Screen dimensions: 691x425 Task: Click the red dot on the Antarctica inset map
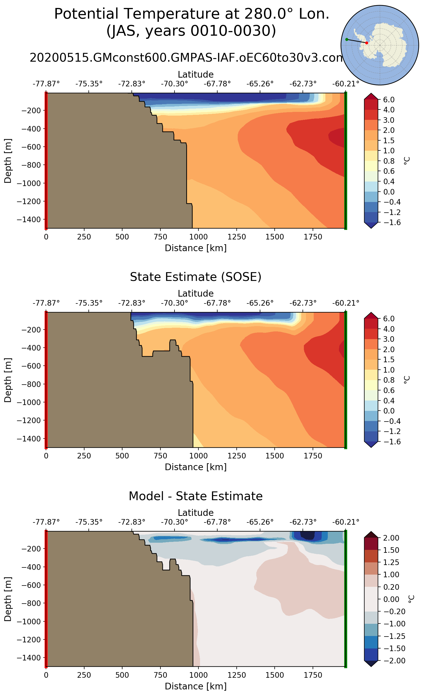pos(367,43)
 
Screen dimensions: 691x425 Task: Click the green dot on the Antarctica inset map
pos(347,39)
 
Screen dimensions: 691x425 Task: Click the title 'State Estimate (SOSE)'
pos(196,277)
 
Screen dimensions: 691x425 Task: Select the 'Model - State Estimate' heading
pos(196,496)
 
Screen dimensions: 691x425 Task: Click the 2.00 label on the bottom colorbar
pos(391,538)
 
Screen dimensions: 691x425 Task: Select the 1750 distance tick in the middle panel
pos(313,456)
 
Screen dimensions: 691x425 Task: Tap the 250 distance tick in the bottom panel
pos(84,675)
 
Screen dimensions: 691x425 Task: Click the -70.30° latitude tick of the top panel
pos(174,84)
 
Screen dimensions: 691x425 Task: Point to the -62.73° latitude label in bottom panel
pos(303,522)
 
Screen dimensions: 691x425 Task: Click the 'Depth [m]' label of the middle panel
pos(8,380)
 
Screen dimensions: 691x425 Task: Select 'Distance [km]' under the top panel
pos(196,248)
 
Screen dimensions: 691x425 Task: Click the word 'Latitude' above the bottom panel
pos(196,512)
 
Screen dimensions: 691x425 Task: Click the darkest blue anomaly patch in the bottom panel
pos(308,535)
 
